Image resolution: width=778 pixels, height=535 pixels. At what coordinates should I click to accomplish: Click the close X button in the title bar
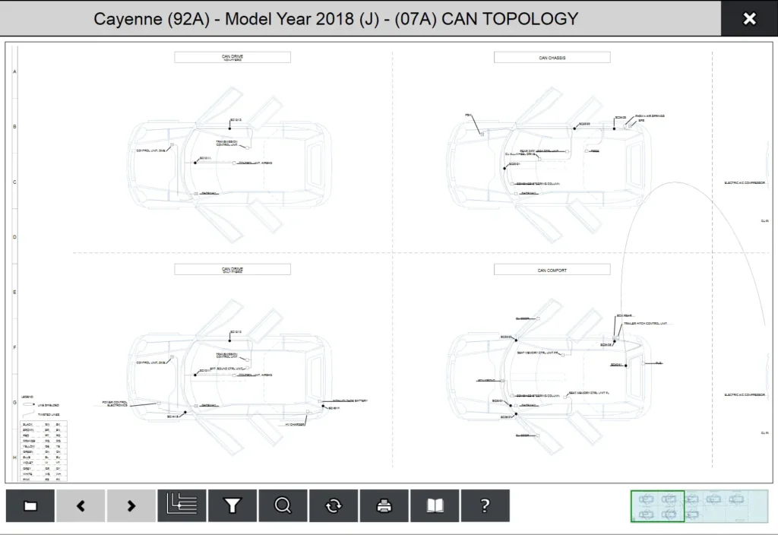tap(749, 19)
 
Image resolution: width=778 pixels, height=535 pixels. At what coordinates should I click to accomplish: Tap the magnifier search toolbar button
tap(283, 505)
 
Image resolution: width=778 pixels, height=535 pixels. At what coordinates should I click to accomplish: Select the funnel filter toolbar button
tap(232, 505)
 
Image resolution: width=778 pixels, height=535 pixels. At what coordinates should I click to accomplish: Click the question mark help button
tap(485, 505)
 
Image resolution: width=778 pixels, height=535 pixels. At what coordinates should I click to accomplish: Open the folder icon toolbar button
tap(30, 505)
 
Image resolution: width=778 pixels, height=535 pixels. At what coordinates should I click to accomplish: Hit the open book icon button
tap(435, 505)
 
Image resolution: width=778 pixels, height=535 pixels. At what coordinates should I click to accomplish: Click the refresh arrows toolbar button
tap(334, 505)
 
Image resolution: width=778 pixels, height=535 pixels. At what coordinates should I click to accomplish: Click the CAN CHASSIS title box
tap(552, 57)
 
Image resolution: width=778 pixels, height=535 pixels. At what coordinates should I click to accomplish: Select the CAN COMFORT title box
tap(552, 269)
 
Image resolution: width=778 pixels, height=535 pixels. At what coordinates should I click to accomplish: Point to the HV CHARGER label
tap(295, 424)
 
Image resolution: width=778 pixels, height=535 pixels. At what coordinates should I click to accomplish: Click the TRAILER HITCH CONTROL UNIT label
tap(647, 324)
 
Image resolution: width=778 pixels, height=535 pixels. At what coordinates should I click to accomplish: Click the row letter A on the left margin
tap(14, 71)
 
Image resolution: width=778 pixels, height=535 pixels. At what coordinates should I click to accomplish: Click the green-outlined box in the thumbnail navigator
tap(657, 506)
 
